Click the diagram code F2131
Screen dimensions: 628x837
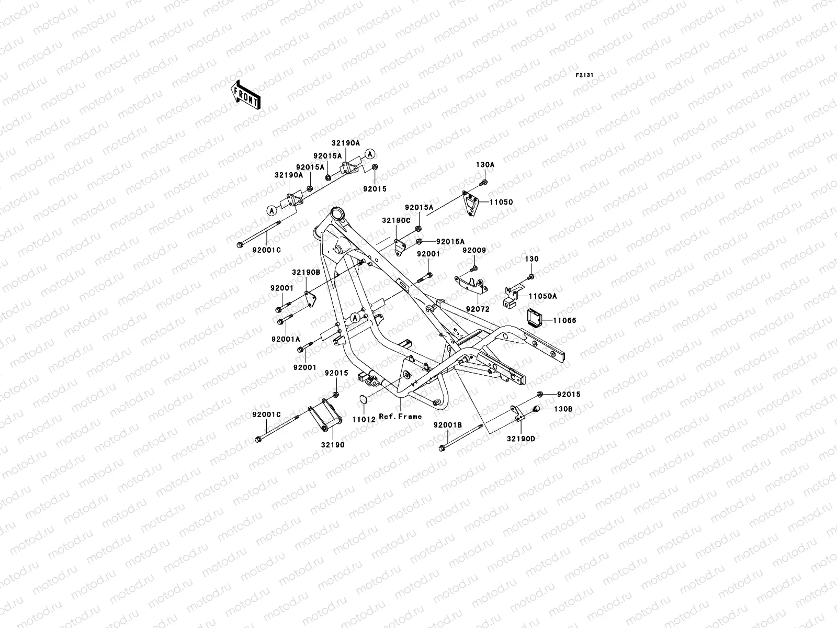(x=584, y=75)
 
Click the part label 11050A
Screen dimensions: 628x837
(x=542, y=296)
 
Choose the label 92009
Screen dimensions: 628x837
(x=474, y=251)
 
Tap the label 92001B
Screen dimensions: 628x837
(x=447, y=425)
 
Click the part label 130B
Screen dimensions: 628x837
(x=564, y=409)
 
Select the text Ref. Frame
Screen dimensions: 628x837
(x=401, y=417)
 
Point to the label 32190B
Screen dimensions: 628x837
(x=306, y=273)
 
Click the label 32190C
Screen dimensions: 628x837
(x=395, y=221)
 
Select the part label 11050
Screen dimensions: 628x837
(x=502, y=201)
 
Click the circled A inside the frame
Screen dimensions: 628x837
(x=356, y=318)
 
